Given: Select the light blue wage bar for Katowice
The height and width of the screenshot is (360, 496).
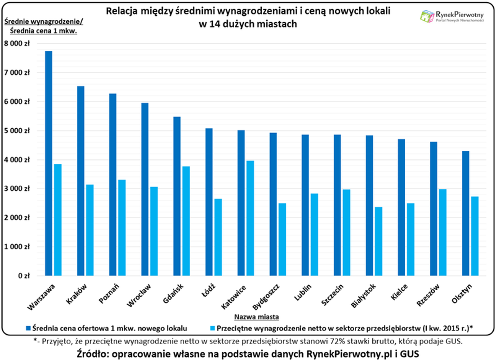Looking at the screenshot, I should click(250, 218).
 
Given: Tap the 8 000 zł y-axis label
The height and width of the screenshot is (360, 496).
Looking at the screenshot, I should click(18, 44).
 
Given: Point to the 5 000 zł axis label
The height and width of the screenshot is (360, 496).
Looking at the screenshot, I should click(18, 131).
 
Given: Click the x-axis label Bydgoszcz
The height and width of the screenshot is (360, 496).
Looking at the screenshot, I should click(265, 297).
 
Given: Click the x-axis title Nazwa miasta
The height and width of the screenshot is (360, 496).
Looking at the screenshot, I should click(257, 317).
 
